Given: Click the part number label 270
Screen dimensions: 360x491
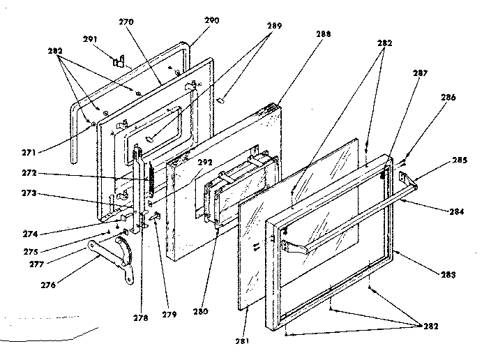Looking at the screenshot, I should [x=126, y=22].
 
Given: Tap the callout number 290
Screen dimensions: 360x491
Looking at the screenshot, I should [x=211, y=20].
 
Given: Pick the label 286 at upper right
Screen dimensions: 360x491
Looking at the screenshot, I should [x=448, y=98].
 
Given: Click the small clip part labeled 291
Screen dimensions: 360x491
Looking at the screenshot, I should [x=118, y=61].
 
